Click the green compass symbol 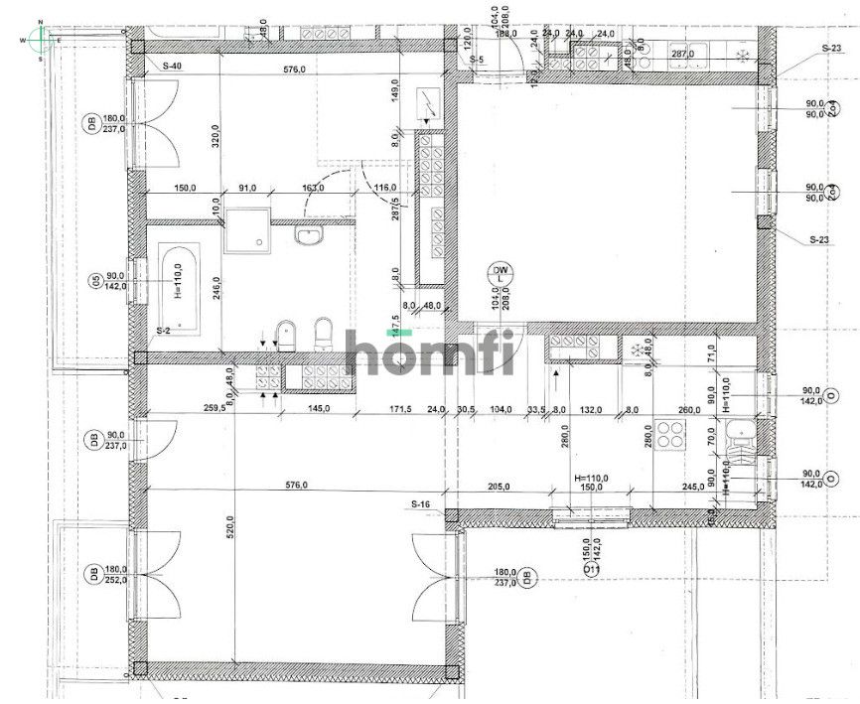[x=40, y=39]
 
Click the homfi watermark [x=430, y=352]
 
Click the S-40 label [x=171, y=66]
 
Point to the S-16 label [x=421, y=504]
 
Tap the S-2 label [x=164, y=330]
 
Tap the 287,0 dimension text [x=681, y=54]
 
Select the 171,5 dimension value [x=400, y=409]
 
